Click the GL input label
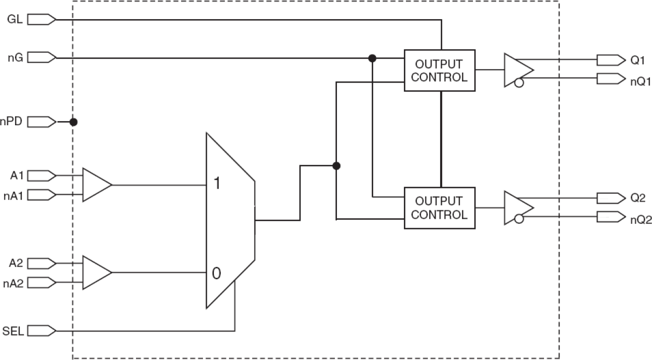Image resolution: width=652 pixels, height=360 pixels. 14,20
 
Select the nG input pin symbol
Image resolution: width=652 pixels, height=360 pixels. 41,57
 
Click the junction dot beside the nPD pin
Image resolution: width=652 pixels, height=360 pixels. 73,122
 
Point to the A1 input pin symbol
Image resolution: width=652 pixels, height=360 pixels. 41,175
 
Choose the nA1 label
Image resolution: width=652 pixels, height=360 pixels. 12,195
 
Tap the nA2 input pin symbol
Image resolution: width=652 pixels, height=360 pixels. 41,283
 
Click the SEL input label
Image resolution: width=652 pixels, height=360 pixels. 12,330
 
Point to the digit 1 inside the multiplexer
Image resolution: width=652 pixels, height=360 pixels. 217,183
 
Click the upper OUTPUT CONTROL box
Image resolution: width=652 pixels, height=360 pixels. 440,71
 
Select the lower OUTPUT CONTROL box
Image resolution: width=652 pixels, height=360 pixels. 440,208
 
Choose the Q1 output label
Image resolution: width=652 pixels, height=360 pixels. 637,60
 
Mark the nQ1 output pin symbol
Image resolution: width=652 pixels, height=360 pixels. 610,79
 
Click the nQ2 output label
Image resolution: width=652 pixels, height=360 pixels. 640,218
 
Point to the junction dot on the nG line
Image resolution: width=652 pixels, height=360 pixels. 372,58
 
